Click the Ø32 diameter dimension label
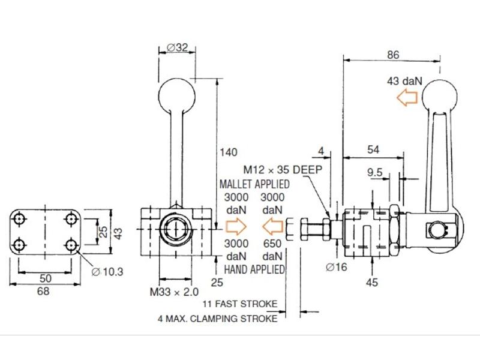(177, 47)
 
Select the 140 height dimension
(229, 152)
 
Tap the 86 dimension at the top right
(393, 55)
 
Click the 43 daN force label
(404, 81)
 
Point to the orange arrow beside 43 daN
(407, 97)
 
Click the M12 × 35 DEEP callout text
(283, 169)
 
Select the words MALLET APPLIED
(254, 184)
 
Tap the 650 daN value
(272, 250)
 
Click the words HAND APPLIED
(254, 269)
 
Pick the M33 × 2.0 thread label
(174, 292)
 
